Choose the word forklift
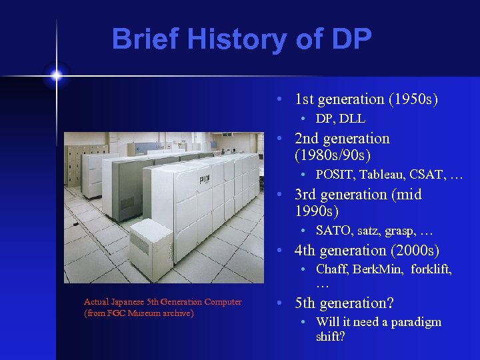click(x=429, y=269)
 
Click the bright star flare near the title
click(x=57, y=75)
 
